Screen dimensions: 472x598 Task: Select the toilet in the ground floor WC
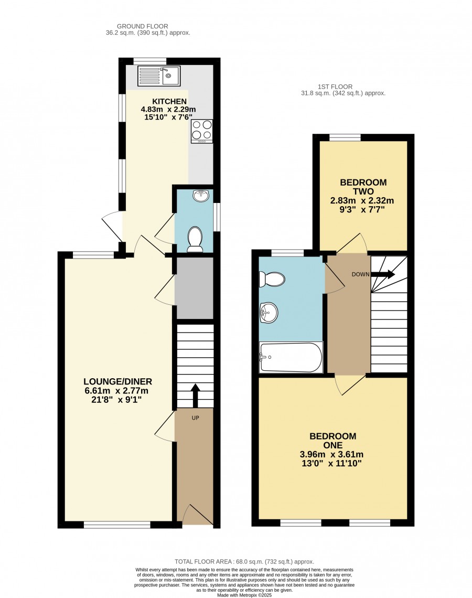195,240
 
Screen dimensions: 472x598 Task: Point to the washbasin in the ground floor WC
201,196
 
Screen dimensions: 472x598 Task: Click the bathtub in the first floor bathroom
291,357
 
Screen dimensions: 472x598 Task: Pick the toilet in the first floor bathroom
272,279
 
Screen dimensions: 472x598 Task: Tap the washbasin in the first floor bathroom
269,312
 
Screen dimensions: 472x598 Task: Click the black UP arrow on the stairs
195,396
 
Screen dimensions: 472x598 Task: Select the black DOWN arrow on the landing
383,274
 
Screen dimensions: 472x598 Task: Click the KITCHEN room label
169,101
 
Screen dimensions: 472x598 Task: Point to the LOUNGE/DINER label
118,381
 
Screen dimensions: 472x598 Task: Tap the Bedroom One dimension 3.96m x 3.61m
331,455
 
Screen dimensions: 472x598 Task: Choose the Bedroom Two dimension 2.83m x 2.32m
362,200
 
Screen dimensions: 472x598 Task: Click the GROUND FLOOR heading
142,26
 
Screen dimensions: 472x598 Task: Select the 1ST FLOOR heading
335,87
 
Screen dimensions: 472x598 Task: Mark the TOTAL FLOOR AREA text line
244,561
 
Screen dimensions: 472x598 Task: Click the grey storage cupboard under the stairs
194,288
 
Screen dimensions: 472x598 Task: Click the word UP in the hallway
195,418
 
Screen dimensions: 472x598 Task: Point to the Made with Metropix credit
244,595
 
